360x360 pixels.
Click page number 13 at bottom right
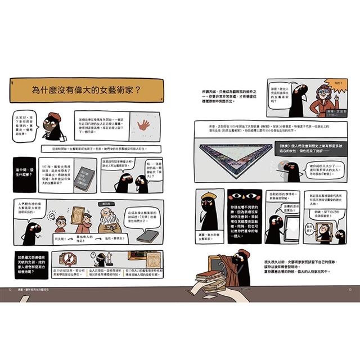[348, 290]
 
